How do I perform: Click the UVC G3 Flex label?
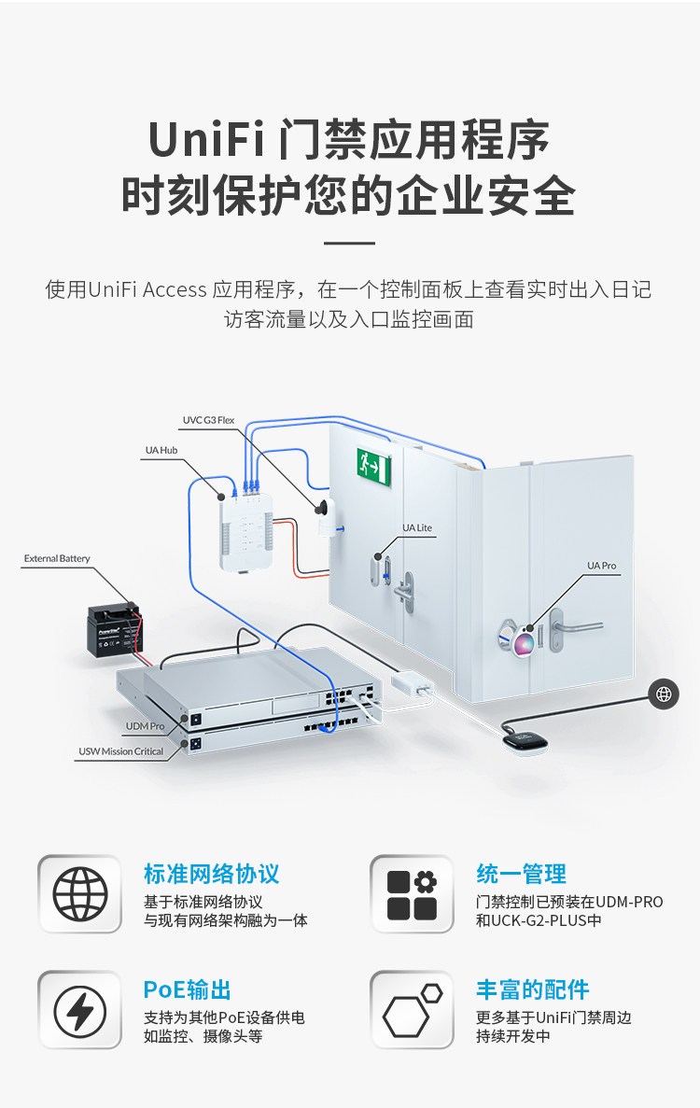pyautogui.click(x=208, y=420)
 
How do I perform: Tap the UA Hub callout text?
pyautogui.click(x=161, y=450)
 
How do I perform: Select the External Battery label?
pyautogui.click(x=57, y=558)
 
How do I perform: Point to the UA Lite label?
pyautogui.click(x=417, y=527)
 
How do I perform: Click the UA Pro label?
pyautogui.click(x=601, y=566)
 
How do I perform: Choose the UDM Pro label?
pyautogui.click(x=145, y=725)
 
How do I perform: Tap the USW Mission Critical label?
pyautogui.click(x=120, y=751)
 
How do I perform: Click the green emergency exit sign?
pyautogui.click(x=373, y=467)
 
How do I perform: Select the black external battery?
pyautogui.click(x=115, y=630)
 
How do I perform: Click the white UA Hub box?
pyautogui.click(x=245, y=531)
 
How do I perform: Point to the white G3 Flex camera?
pyautogui.click(x=327, y=517)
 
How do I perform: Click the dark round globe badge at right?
pyautogui.click(x=664, y=694)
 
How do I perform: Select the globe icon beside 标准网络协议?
pyautogui.click(x=80, y=894)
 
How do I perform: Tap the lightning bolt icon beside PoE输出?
pyautogui.click(x=80, y=1010)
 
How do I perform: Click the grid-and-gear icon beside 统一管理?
pyautogui.click(x=412, y=894)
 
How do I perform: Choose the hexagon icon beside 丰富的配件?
pyautogui.click(x=412, y=1010)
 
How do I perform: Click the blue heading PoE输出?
pyautogui.click(x=188, y=990)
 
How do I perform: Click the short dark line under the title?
pyautogui.click(x=349, y=243)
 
